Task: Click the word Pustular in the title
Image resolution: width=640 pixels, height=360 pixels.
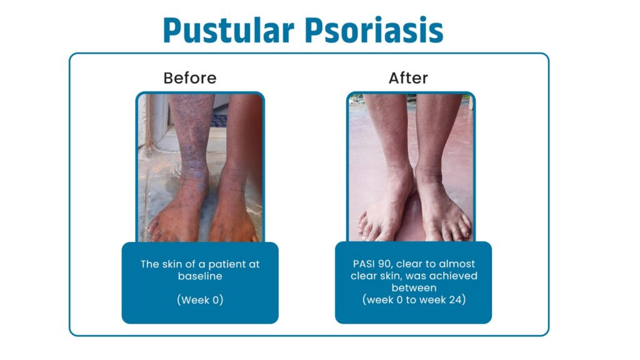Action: [x=229, y=31]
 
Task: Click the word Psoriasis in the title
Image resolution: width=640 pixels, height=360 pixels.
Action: [x=374, y=31]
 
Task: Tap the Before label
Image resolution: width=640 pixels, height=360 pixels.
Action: [x=190, y=78]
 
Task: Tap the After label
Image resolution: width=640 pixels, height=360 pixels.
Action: [x=408, y=78]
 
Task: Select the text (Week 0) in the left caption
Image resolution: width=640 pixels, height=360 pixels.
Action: [x=200, y=300]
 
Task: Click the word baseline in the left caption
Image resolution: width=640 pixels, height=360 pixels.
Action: [x=200, y=276]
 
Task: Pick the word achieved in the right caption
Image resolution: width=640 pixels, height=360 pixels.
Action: [x=455, y=276]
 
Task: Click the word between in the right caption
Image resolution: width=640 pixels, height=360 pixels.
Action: [x=414, y=287]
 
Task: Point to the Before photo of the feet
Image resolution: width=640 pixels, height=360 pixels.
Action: [x=200, y=167]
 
